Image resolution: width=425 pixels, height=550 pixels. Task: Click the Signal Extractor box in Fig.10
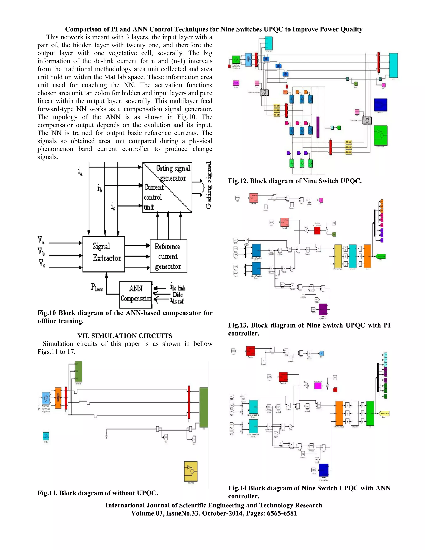coord(104,254)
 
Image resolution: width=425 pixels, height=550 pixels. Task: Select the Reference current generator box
coord(168,256)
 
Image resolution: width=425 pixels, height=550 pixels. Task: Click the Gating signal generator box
coord(167,187)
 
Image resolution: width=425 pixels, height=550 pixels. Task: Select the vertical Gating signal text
coord(209,185)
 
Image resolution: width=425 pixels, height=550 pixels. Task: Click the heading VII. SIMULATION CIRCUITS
coord(125,336)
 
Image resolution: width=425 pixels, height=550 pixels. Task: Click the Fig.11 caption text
coord(98,493)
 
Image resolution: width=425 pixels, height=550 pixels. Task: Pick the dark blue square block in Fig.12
coord(380,105)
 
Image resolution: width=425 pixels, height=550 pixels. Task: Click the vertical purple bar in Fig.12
coord(318,127)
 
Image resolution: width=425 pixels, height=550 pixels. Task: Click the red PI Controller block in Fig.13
coord(317,230)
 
